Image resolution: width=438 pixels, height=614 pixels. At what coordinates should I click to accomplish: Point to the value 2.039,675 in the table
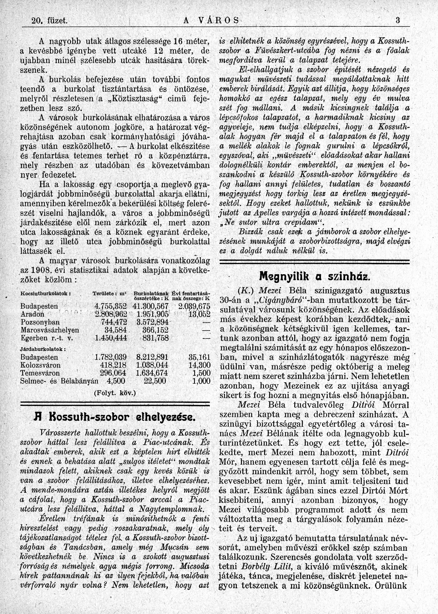tap(194, 306)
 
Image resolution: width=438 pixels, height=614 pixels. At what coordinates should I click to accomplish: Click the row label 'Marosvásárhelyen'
tap(50, 330)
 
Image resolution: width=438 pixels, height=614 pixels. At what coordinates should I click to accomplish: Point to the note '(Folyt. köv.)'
tap(115, 393)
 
